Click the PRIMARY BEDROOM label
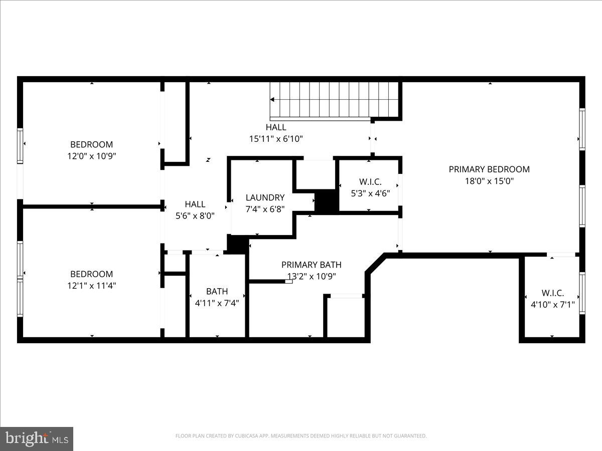(x=489, y=169)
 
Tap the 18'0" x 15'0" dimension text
(x=489, y=181)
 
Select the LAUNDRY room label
(x=265, y=197)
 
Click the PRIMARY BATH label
(x=311, y=265)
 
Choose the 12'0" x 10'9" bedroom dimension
(x=91, y=156)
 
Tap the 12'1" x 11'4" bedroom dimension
(x=91, y=286)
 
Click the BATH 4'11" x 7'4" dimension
(x=217, y=303)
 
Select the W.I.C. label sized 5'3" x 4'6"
(x=370, y=181)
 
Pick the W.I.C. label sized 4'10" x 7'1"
(x=552, y=293)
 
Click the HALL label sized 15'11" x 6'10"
(x=276, y=127)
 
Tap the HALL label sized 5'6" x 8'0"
(x=195, y=204)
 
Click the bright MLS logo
(x=37, y=439)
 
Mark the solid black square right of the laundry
(x=326, y=202)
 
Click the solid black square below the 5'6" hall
(x=237, y=244)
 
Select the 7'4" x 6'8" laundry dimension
(x=265, y=209)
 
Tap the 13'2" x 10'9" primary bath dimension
(x=311, y=276)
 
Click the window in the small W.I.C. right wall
(x=582, y=293)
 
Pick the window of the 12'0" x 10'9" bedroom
(x=20, y=145)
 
